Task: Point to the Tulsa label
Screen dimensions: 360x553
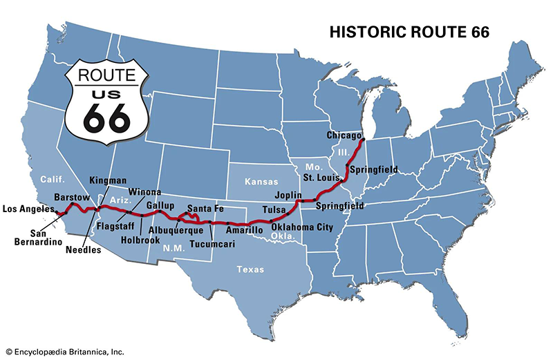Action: click(274, 209)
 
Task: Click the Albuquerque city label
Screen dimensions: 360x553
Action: click(175, 230)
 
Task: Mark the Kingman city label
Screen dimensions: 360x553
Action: click(107, 180)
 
